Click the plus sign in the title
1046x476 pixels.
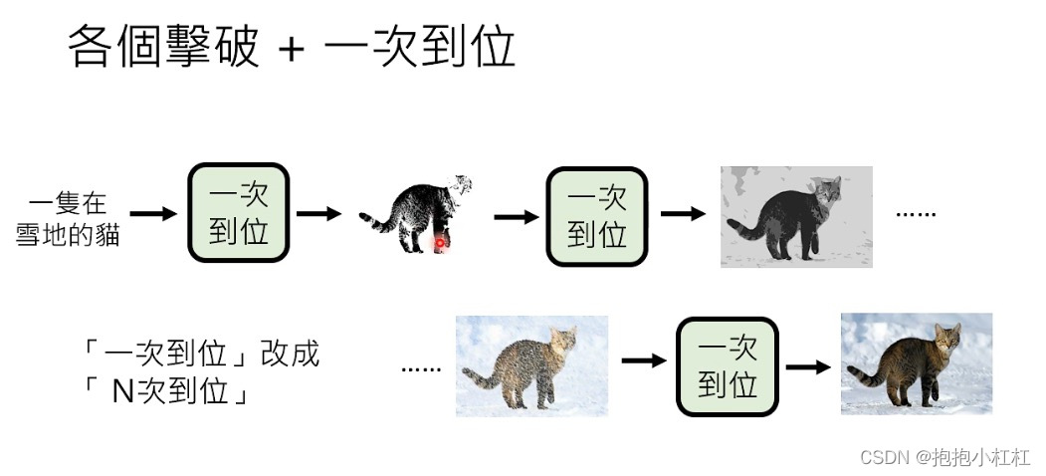click(291, 50)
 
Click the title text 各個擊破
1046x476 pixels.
click(164, 47)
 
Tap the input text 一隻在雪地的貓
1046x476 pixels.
click(68, 220)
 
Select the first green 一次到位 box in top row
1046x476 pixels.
click(239, 213)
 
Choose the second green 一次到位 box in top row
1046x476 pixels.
click(596, 216)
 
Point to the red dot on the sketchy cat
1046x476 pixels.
click(437, 242)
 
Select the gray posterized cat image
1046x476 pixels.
click(796, 217)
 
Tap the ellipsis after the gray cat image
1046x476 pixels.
click(917, 213)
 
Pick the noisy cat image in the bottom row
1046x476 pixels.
click(531, 365)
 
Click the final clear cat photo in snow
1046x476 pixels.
click(916, 363)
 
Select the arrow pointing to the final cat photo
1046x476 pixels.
click(807, 366)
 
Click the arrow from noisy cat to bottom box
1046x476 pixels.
click(643, 360)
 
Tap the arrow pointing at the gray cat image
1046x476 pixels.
click(684, 213)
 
